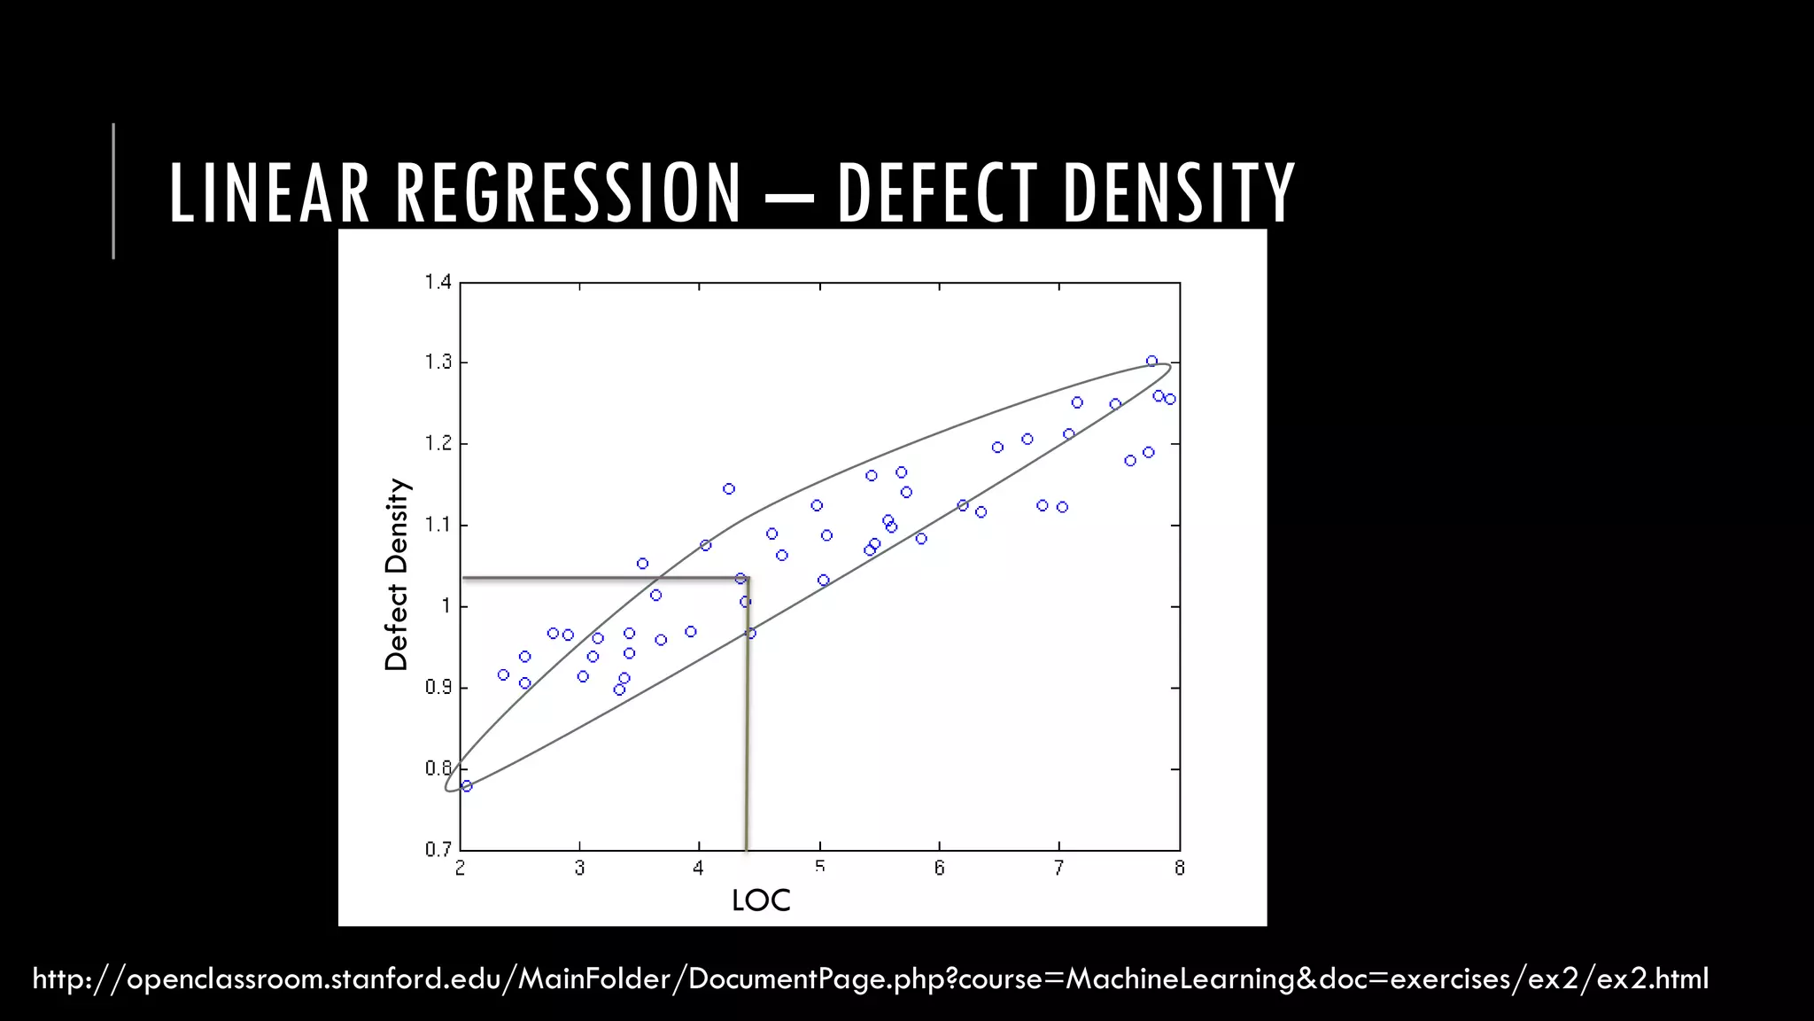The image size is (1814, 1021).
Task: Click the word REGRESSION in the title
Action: [x=568, y=192]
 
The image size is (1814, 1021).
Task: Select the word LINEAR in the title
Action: [x=268, y=192]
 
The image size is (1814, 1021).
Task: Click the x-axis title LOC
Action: [x=760, y=900]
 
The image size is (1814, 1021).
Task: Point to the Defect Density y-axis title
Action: [x=396, y=574]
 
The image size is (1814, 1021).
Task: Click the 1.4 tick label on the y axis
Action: [x=438, y=282]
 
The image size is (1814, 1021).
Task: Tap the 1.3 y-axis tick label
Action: [x=438, y=362]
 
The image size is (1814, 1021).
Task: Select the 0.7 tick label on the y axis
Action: [x=438, y=849]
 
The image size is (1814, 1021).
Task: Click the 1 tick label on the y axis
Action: [x=446, y=606]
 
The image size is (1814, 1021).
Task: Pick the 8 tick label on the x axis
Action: [x=1179, y=869]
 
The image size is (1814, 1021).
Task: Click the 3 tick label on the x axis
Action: [x=579, y=869]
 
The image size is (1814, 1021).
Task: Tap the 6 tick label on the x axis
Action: [x=939, y=869]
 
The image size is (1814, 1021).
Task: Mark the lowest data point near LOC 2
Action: [x=467, y=786]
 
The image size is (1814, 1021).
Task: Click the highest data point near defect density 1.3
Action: [x=1151, y=361]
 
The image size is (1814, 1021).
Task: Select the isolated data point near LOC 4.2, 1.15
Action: [x=729, y=488]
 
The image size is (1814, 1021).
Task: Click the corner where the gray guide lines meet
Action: [x=748, y=579]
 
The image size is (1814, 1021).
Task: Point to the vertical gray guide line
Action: [x=747, y=727]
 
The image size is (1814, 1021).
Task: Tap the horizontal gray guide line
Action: [x=602, y=579]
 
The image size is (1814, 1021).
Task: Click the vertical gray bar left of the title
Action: [x=113, y=191]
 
